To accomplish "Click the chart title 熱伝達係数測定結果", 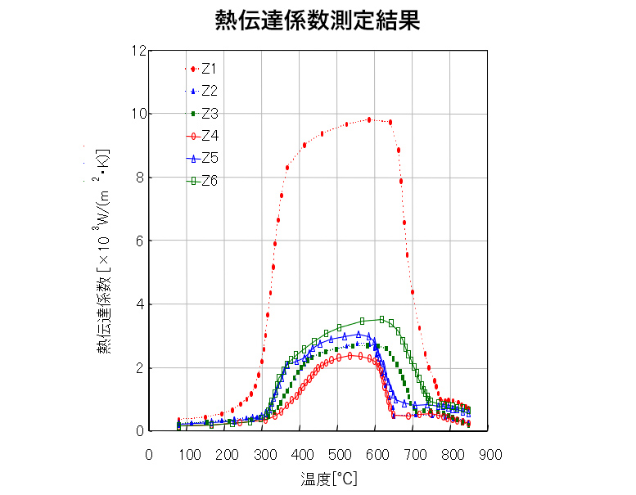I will [x=317, y=20].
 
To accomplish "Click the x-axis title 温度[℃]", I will [x=319, y=478].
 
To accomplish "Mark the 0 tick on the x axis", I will [x=149, y=454].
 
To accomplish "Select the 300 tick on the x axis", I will [x=263, y=454].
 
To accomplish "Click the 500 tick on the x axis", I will [x=339, y=454].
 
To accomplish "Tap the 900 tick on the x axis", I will [x=491, y=454].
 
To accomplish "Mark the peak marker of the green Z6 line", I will [x=381, y=319].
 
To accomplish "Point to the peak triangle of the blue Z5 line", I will [x=359, y=334].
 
